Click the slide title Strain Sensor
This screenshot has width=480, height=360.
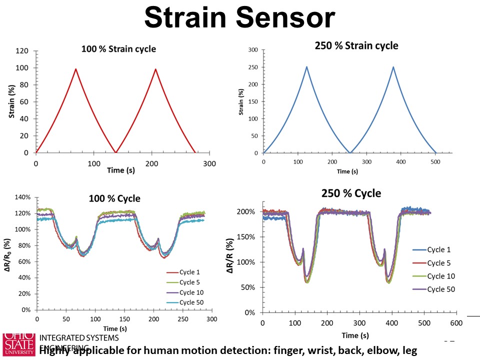(x=239, y=18)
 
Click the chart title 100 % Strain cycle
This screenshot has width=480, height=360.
(x=118, y=49)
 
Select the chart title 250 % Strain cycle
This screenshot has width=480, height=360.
(x=356, y=46)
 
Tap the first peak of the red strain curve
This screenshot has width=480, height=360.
(x=75, y=69)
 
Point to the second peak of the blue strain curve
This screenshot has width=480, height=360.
(x=393, y=67)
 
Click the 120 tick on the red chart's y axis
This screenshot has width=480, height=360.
(x=22, y=51)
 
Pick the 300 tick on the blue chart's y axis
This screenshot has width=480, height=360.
(x=252, y=50)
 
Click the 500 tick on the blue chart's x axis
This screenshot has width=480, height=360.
(x=436, y=162)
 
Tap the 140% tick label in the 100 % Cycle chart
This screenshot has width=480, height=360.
(x=22, y=197)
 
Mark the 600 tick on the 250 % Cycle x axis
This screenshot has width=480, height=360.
(x=455, y=323)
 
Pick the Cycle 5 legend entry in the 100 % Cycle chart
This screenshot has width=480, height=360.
(x=188, y=282)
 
